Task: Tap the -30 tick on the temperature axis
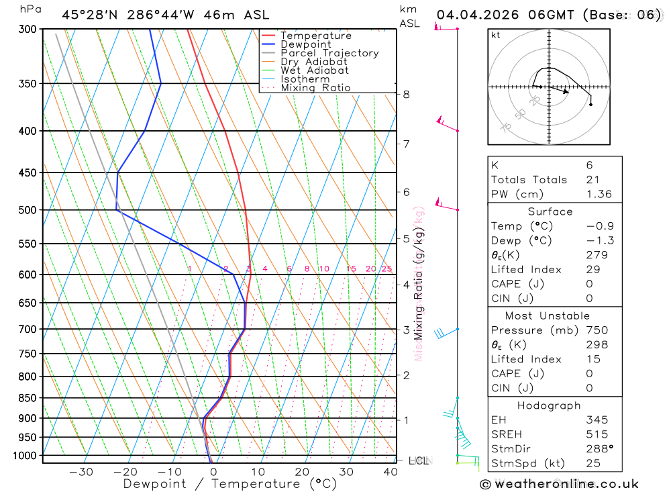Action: coord(81,472)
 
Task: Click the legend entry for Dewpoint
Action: coord(306,44)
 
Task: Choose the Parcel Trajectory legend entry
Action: coord(329,53)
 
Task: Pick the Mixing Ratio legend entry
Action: coord(315,88)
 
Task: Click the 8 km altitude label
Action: coord(407,95)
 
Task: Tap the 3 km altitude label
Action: coord(407,330)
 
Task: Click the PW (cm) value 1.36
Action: coord(599,194)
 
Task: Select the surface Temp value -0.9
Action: coord(600,226)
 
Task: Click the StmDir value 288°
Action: coord(599,449)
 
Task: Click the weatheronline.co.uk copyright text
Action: coord(559,484)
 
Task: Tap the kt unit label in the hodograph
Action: coord(496,35)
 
